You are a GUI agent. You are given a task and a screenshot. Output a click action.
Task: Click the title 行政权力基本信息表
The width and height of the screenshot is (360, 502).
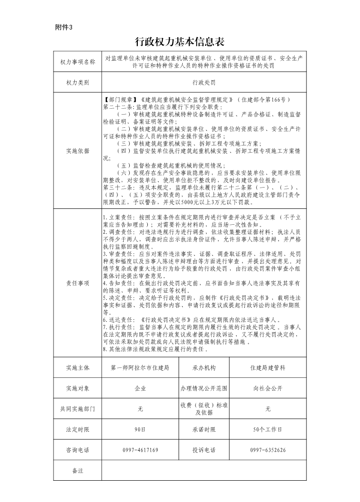(x=180, y=42)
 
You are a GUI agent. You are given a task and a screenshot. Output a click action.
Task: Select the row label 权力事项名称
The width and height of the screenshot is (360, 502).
(x=78, y=62)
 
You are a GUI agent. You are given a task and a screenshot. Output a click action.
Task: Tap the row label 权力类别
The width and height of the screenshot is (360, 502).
(x=78, y=83)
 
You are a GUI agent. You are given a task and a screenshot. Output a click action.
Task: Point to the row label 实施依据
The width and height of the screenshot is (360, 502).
(x=78, y=151)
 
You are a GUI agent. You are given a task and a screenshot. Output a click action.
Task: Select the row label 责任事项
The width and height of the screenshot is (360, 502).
(x=78, y=283)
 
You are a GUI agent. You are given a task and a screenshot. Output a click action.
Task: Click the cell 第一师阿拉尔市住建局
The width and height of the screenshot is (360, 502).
(x=140, y=367)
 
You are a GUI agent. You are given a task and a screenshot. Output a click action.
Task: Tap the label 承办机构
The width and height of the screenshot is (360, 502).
(x=204, y=367)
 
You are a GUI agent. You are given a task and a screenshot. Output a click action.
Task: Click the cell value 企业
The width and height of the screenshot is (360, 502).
(x=140, y=388)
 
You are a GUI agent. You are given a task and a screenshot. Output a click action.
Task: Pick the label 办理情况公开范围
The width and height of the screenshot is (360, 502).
(x=204, y=388)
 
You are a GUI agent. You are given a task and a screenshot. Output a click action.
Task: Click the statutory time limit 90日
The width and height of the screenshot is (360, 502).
(x=140, y=429)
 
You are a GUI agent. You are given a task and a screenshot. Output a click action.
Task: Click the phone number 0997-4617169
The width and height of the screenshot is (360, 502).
(x=140, y=450)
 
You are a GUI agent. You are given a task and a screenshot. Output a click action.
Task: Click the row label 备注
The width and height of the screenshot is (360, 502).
(x=78, y=471)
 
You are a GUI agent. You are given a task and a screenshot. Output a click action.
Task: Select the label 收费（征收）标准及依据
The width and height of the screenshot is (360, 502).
(x=204, y=409)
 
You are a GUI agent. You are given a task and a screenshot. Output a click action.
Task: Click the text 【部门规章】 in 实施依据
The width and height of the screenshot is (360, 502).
(x=119, y=99)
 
